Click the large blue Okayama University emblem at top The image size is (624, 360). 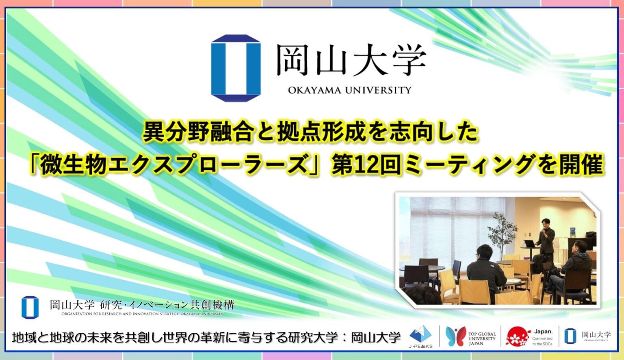coord(236,68)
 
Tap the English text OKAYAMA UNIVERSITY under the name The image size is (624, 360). coord(350,90)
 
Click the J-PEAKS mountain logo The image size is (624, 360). coord(420,335)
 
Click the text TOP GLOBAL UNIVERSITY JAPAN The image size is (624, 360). coord(482,338)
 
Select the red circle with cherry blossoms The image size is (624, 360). coord(518,337)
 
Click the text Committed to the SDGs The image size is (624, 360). coord(542,341)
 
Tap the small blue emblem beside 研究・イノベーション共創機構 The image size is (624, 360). coord(30,307)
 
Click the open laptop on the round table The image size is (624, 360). coord(529,243)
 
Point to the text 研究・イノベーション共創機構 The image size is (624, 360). coord(167,305)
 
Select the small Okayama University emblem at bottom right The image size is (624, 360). coord(570,336)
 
